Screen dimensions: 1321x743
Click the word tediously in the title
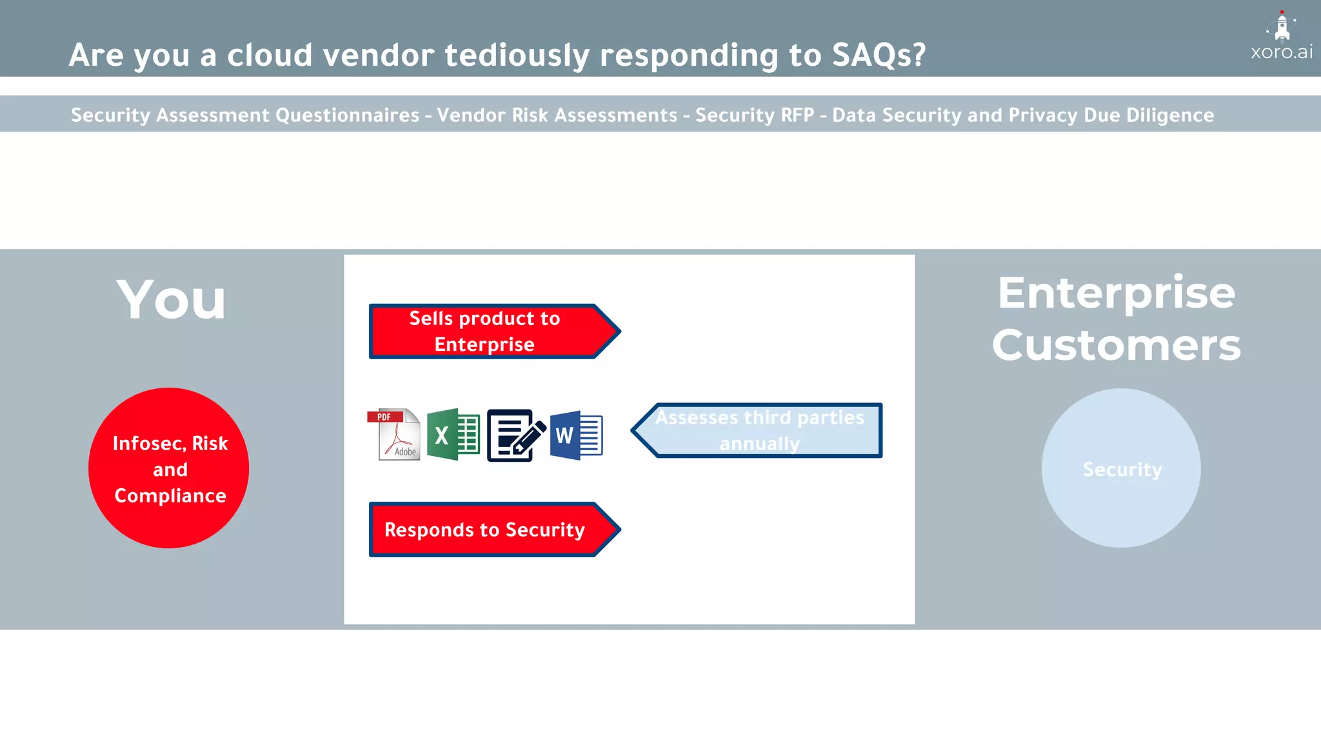pos(517,55)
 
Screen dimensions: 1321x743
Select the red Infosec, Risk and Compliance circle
pos(169,468)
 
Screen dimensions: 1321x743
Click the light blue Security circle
pos(1121,468)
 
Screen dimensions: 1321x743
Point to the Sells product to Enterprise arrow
pos(493,332)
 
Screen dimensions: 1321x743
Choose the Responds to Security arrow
pos(493,530)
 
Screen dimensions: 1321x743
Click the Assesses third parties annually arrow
pos(758,430)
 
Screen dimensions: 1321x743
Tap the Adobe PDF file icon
pos(394,434)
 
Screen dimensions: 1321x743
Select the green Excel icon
pos(453,434)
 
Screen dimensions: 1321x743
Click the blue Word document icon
pos(576,435)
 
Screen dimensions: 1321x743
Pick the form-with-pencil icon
pos(515,435)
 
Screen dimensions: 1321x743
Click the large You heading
pos(171,299)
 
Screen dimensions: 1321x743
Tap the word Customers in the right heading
pos(1116,345)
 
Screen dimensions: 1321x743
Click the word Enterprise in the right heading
pos(1116,293)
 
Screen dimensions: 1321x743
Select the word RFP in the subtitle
pos(797,115)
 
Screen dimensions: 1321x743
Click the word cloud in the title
pos(270,55)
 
